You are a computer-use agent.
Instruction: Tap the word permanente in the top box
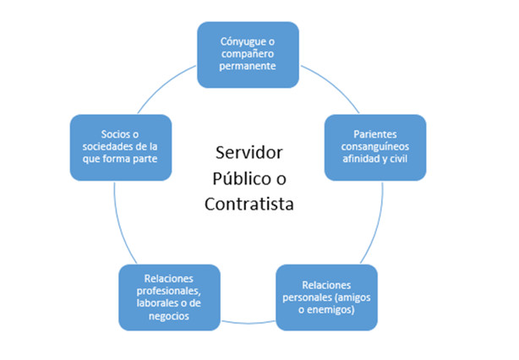pos(248,66)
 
